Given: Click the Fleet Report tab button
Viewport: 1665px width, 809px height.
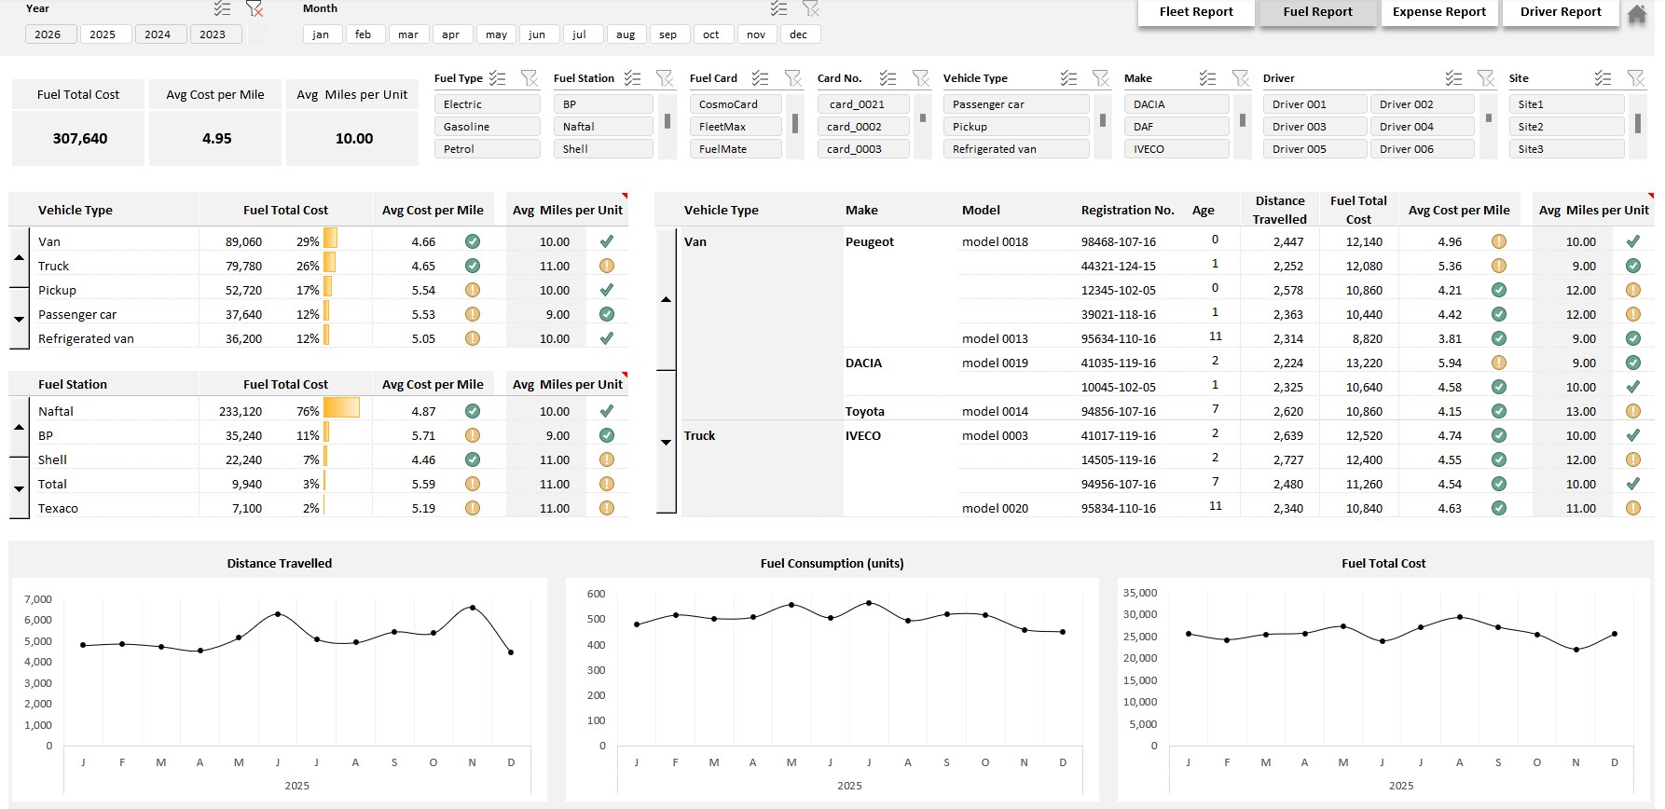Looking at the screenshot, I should pyautogui.click(x=1195, y=12).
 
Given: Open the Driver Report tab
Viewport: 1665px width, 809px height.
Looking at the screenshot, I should pyautogui.click(x=1560, y=12).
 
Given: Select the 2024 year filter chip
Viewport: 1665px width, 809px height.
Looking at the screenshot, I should pyautogui.click(x=158, y=34).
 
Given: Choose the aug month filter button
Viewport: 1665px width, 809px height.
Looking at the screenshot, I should pyautogui.click(x=626, y=34).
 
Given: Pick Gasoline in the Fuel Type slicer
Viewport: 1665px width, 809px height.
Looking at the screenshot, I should pyautogui.click(x=487, y=127).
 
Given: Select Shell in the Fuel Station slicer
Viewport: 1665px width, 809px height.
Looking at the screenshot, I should pyautogui.click(x=602, y=149).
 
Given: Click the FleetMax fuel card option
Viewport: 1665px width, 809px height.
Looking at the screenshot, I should pyautogui.click(x=735, y=127).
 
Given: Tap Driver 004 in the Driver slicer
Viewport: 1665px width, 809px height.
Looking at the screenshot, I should pyautogui.click(x=1420, y=127).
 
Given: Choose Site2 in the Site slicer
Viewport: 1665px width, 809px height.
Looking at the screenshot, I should pyautogui.click(x=1565, y=127).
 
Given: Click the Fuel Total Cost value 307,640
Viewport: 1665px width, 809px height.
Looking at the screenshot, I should pyautogui.click(x=80, y=139).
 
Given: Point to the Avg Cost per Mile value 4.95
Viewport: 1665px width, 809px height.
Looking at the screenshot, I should pyautogui.click(x=216, y=139).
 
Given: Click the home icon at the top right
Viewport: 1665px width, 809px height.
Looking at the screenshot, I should pyautogui.click(x=1637, y=14).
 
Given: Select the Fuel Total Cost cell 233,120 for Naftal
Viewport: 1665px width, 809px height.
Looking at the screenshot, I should pyautogui.click(x=241, y=411).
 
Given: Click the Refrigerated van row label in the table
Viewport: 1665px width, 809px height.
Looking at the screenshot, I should pyautogui.click(x=86, y=339).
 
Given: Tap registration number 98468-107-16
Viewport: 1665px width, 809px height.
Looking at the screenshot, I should pyautogui.click(x=1118, y=242).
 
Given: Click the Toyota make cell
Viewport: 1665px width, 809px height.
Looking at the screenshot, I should pyautogui.click(x=865, y=412).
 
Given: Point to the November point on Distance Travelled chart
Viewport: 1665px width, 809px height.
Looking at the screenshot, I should pyautogui.click(x=473, y=608).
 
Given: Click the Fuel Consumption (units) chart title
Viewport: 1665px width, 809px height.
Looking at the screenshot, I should pyautogui.click(x=832, y=563).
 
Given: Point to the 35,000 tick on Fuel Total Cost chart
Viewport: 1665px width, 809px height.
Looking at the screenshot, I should pyautogui.click(x=1139, y=593).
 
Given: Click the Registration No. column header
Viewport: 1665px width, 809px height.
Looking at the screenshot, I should pyautogui.click(x=1127, y=211).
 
